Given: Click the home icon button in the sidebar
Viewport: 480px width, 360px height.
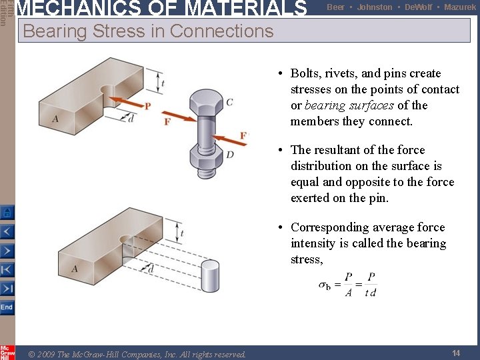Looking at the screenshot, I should [x=7, y=213].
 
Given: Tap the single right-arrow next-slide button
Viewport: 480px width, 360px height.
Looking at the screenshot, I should [x=7, y=251].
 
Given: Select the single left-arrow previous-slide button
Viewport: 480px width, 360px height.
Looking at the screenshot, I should [x=7, y=232].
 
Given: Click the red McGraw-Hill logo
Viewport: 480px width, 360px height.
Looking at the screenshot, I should [x=7, y=352].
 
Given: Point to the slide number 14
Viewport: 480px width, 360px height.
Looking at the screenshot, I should [x=456, y=353].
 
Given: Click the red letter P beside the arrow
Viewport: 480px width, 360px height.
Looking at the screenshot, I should [x=147, y=105].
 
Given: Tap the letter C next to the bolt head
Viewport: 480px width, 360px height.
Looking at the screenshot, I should [x=229, y=102].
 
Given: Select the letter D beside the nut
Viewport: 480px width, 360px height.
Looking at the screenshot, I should [x=230, y=155].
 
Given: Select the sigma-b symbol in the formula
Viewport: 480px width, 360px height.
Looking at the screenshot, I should [x=325, y=285].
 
